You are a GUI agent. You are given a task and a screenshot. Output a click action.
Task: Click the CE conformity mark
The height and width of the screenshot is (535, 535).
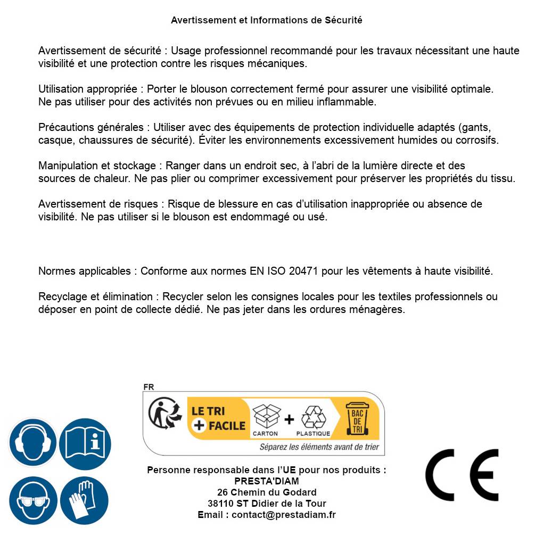coord(462,475)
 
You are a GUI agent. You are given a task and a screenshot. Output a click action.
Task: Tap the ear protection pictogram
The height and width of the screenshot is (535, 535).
coord(33,443)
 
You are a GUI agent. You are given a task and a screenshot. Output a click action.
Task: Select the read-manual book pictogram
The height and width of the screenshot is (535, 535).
coord(85,443)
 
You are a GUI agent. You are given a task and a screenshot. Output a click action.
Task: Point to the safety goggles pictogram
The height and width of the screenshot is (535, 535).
coord(33,501)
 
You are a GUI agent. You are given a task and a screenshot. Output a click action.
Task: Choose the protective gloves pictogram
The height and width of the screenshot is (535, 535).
coord(84,501)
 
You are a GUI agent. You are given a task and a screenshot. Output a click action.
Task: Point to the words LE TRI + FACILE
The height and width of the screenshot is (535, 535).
coord(218,418)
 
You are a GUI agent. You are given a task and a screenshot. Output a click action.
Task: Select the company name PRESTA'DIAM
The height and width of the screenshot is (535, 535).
coord(267,481)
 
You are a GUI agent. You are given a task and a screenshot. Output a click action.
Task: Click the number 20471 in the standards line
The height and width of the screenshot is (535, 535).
coord(303,271)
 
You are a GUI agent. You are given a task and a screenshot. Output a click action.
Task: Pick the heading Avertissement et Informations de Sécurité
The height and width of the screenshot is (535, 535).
coord(267,20)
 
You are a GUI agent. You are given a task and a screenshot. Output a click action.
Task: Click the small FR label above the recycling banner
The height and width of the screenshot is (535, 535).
coord(149,387)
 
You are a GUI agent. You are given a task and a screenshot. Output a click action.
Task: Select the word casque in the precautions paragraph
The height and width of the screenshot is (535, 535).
coord(54,141)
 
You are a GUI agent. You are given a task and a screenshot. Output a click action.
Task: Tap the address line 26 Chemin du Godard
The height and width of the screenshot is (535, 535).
coord(267,492)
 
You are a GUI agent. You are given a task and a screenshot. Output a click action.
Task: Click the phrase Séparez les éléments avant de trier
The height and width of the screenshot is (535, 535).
coord(319,447)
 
